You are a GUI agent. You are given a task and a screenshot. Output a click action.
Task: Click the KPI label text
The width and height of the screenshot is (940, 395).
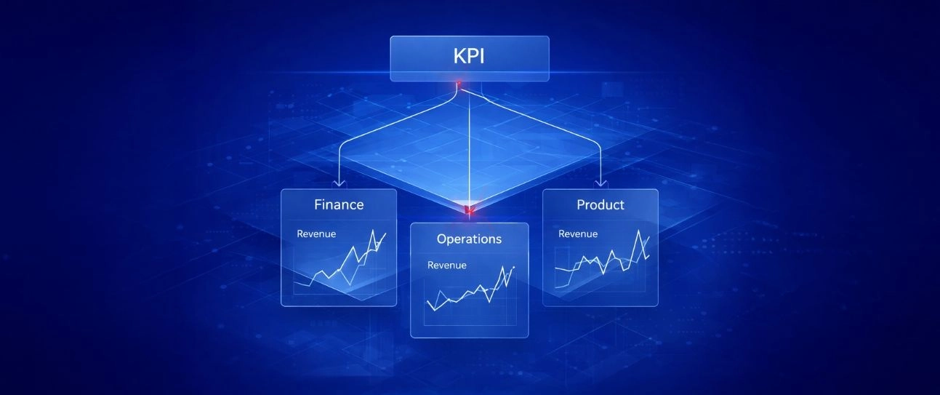tap(469, 56)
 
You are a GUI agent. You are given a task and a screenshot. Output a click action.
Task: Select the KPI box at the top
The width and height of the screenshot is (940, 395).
tap(470, 58)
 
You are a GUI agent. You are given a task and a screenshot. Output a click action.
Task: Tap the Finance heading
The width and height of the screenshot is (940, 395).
tap(339, 204)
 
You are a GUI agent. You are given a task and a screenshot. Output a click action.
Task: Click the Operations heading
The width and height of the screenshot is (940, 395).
tap(469, 239)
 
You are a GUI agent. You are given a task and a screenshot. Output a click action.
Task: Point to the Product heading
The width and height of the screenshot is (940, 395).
tap(600, 204)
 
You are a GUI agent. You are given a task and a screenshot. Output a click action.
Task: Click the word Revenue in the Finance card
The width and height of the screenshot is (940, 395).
tap(316, 234)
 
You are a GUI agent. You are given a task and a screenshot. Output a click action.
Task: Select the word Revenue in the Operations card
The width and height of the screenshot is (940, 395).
tap(447, 266)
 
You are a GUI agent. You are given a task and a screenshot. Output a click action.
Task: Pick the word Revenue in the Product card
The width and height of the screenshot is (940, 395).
tap(578, 234)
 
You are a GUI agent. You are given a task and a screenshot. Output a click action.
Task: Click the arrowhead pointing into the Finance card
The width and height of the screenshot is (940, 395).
tap(339, 183)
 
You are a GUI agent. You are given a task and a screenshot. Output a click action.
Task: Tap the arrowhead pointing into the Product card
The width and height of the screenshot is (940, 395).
tap(601, 183)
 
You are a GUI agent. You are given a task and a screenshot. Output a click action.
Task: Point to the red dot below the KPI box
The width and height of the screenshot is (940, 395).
tap(459, 83)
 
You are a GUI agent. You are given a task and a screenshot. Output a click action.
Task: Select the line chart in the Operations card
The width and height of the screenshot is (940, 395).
tap(470, 289)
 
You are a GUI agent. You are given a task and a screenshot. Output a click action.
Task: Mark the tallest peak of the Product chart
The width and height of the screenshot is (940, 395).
tap(639, 230)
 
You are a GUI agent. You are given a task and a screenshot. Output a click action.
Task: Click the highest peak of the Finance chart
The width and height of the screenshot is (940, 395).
tap(373, 230)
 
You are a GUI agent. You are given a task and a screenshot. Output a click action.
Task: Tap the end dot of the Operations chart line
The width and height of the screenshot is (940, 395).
tap(514, 267)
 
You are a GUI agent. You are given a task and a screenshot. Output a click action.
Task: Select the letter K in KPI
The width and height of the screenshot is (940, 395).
tap(459, 56)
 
